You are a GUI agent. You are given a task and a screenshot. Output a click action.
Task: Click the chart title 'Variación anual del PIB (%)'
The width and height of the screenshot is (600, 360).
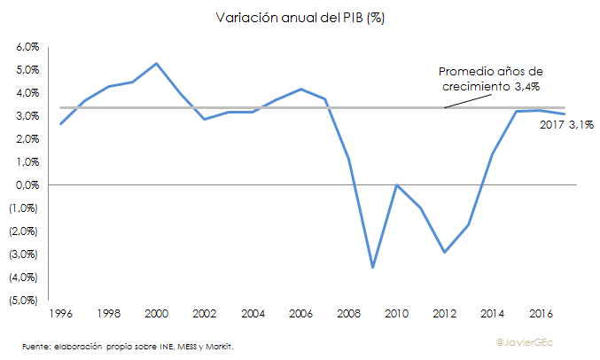click(300, 17)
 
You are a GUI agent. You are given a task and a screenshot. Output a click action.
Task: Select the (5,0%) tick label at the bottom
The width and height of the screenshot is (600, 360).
click(24, 300)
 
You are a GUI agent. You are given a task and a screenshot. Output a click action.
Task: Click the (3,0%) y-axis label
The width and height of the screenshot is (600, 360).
click(24, 254)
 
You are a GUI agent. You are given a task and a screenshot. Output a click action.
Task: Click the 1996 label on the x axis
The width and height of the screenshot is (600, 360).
click(59, 314)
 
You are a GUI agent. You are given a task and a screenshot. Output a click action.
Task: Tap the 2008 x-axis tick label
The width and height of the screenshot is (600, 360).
click(347, 314)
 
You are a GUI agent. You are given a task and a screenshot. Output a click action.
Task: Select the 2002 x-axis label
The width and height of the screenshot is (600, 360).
click(204, 314)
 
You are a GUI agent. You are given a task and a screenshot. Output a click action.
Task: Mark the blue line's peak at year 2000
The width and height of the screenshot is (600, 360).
click(156, 63)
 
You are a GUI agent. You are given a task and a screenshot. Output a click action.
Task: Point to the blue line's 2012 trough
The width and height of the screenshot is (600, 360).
click(444, 253)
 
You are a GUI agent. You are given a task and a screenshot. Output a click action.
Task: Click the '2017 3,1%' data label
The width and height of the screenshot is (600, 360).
click(566, 126)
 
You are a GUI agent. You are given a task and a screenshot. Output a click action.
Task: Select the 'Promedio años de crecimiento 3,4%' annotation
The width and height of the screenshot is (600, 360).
click(491, 78)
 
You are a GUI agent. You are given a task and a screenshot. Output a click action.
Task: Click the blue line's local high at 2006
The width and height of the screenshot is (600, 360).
click(300, 89)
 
